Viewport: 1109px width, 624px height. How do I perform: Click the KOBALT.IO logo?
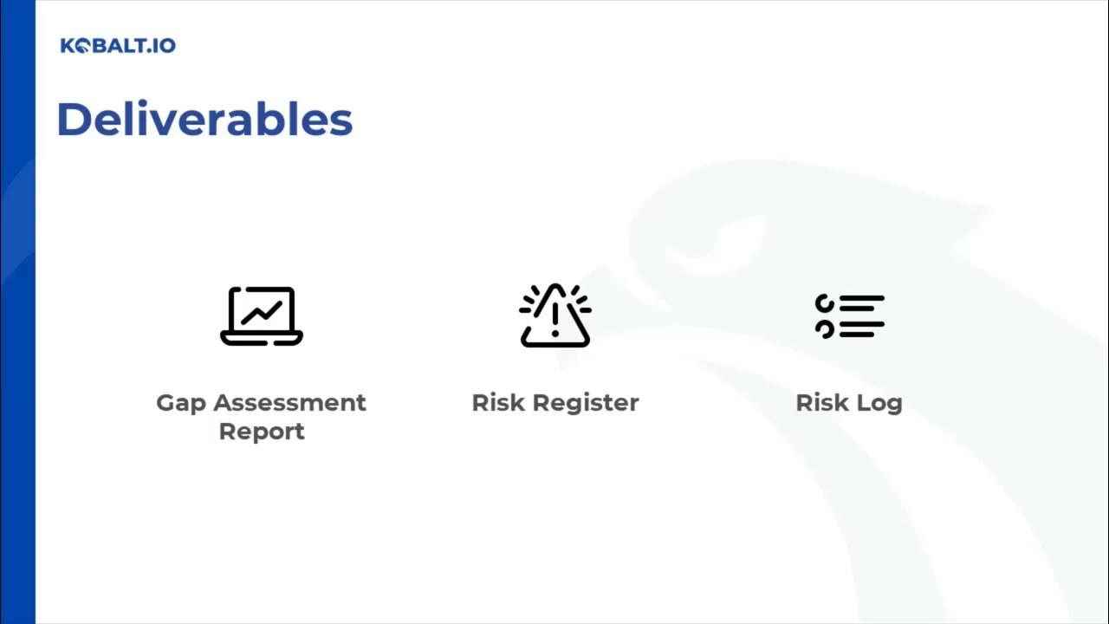(x=118, y=45)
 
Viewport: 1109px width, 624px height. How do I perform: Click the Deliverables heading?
(x=204, y=120)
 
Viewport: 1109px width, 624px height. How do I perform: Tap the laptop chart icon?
(x=262, y=315)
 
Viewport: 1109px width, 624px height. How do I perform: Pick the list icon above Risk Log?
(x=849, y=315)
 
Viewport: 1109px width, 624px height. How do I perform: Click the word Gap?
(x=181, y=404)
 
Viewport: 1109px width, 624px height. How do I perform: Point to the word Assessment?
(x=289, y=403)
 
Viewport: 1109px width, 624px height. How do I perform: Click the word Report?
(x=262, y=432)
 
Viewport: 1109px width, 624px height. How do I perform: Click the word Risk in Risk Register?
(x=498, y=403)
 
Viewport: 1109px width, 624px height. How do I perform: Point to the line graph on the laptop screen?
(x=261, y=310)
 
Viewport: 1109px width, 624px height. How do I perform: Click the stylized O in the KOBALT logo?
(x=83, y=46)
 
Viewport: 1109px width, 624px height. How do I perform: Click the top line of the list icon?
(x=861, y=299)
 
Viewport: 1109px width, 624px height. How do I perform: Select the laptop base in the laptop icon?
(x=262, y=339)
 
